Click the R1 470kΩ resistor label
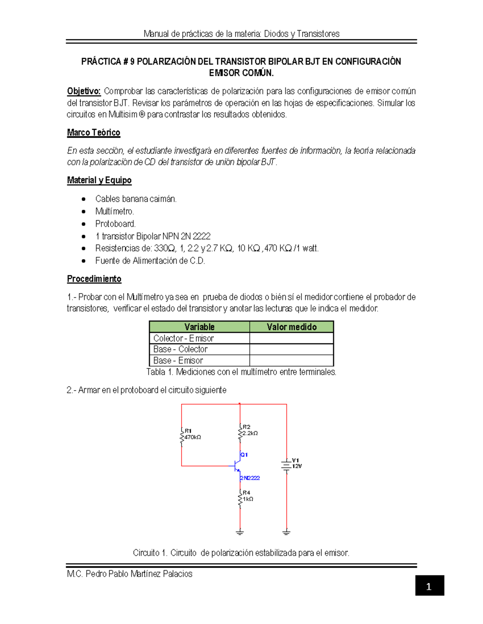(192, 434)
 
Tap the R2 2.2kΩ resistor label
(250, 430)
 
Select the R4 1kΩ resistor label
(247, 496)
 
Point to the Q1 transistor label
(244, 454)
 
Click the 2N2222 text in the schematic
(250, 478)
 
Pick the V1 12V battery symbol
(286, 465)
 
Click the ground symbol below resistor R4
(240, 533)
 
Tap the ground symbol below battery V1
(286, 533)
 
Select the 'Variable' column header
(199, 327)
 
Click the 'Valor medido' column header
(291, 327)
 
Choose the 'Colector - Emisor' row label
(184, 338)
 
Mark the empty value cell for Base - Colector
(291, 349)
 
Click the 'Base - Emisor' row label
(178, 360)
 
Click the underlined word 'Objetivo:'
(84, 91)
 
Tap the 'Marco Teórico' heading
(93, 133)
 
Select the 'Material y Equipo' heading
(99, 180)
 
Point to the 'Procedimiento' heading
(94, 279)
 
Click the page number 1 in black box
(429, 586)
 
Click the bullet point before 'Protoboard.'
(84, 224)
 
